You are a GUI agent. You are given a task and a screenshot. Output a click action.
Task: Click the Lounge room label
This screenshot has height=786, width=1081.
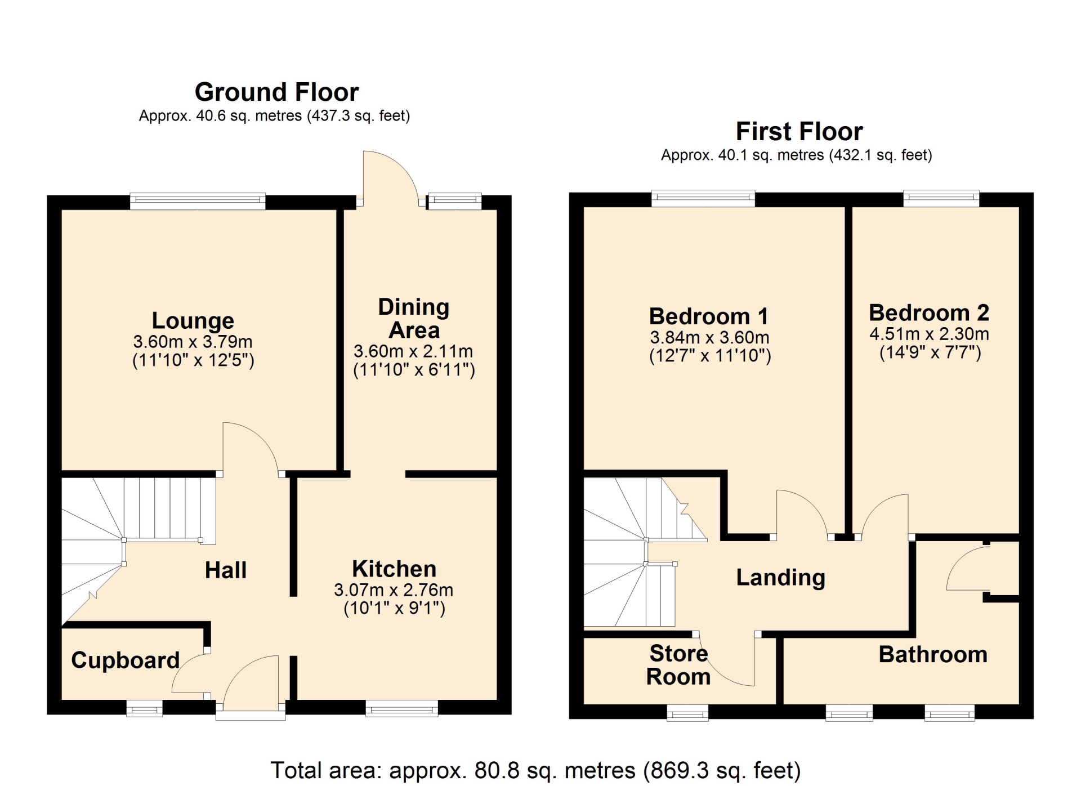pos(193,320)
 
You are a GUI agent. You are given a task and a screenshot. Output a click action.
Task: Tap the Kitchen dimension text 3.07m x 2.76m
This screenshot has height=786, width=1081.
pos(394,590)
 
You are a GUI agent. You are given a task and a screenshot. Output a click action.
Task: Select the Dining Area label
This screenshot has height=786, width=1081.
pos(414,319)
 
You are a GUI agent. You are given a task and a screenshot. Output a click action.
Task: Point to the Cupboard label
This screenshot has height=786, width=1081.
pos(125,660)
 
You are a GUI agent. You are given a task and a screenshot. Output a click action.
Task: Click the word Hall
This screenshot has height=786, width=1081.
pos(226,570)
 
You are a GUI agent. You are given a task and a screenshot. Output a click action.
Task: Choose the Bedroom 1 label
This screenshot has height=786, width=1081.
pos(709,316)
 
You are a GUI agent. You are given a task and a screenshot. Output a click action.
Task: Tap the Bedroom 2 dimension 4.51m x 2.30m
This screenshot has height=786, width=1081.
pos(929,334)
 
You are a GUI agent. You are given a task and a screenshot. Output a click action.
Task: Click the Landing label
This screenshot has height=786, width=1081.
pos(781,578)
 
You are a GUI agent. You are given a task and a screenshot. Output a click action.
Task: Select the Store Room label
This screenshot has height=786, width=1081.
pos(678,665)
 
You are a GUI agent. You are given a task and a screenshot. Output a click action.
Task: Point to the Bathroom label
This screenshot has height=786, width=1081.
pos(933,655)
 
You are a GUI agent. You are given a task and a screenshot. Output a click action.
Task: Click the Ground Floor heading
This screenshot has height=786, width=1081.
pos(276,92)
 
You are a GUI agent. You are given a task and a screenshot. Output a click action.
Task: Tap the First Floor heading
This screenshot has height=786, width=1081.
pos(799,131)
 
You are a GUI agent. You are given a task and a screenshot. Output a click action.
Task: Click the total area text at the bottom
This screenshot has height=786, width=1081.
pos(535,770)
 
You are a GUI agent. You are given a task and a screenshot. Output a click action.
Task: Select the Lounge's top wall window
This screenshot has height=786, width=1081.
pos(198,202)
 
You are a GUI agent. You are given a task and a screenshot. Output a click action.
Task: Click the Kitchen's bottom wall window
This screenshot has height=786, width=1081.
pos(401,708)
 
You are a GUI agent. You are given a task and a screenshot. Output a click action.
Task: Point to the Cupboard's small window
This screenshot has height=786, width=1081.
pos(144,708)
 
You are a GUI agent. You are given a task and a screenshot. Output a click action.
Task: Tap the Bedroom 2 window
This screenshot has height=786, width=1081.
pos(941,199)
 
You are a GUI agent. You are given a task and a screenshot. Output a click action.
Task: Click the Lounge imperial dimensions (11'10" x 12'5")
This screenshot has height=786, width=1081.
pos(193,360)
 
